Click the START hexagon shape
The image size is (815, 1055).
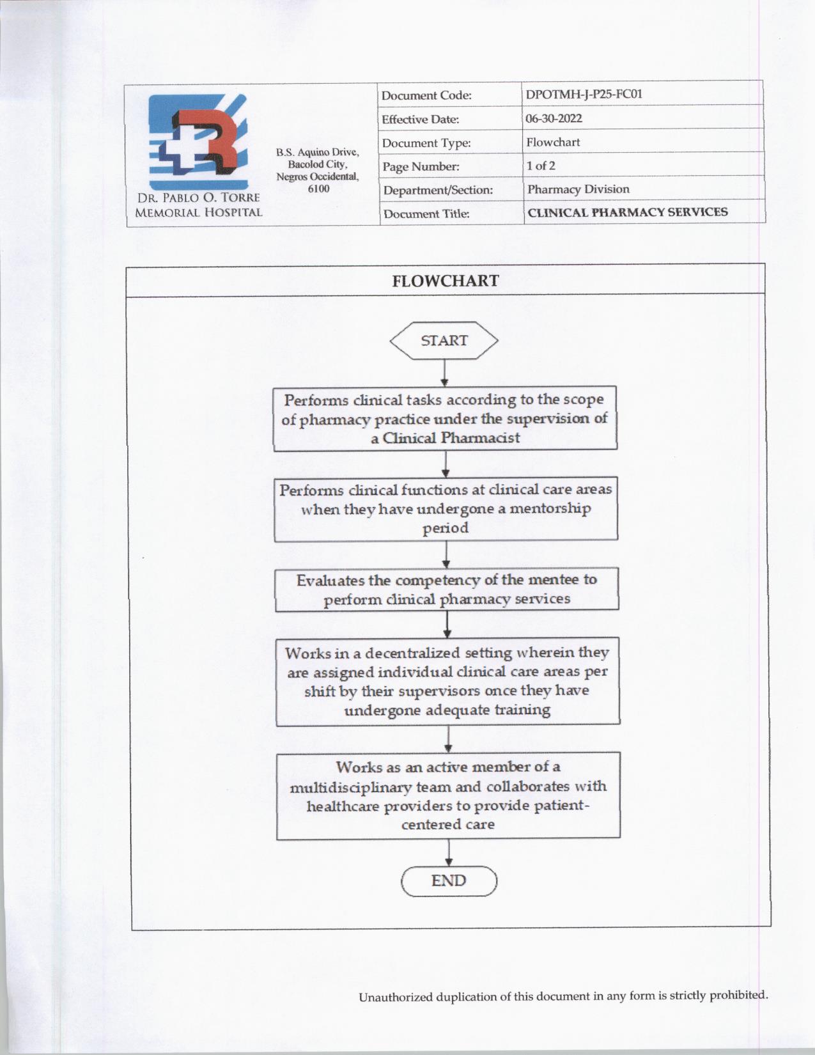(444, 341)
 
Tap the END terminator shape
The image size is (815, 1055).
(449, 881)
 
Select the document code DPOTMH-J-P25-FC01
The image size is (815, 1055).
(584, 95)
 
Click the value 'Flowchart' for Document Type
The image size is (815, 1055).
(553, 142)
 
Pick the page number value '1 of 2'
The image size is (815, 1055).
(541, 166)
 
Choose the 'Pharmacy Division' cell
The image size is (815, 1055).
(578, 189)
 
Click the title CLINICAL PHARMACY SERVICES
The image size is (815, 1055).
(627, 212)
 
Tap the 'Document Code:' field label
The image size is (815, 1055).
(426, 96)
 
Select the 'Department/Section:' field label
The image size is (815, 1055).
(438, 191)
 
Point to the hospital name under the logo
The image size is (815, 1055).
(198, 205)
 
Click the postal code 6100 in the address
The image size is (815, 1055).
(318, 189)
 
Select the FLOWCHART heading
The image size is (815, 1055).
(446, 281)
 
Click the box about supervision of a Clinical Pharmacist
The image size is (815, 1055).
(445, 419)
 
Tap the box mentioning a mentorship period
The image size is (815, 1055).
(446, 509)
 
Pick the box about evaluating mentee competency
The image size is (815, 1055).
(446, 590)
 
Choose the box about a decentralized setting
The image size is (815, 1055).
(447, 681)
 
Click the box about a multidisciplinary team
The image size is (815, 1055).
(448, 795)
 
